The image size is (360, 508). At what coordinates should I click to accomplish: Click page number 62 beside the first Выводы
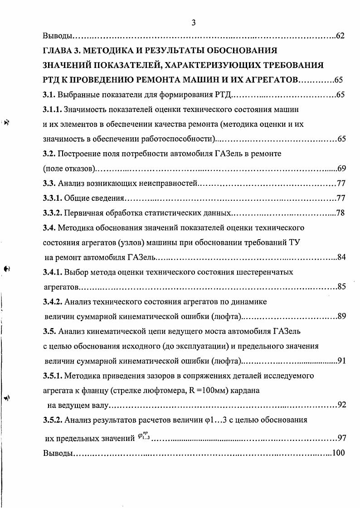(x=341, y=36)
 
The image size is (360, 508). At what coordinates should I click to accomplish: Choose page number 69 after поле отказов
(x=342, y=169)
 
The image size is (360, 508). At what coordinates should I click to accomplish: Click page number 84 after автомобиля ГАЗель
(x=342, y=257)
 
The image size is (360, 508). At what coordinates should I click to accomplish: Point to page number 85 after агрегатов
(x=342, y=287)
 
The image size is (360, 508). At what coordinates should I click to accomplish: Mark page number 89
(x=342, y=316)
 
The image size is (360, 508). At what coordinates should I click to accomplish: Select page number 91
(x=342, y=361)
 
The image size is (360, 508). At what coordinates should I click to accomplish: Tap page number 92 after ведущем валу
(x=342, y=405)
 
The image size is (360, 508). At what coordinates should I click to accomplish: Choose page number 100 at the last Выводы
(x=339, y=453)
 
